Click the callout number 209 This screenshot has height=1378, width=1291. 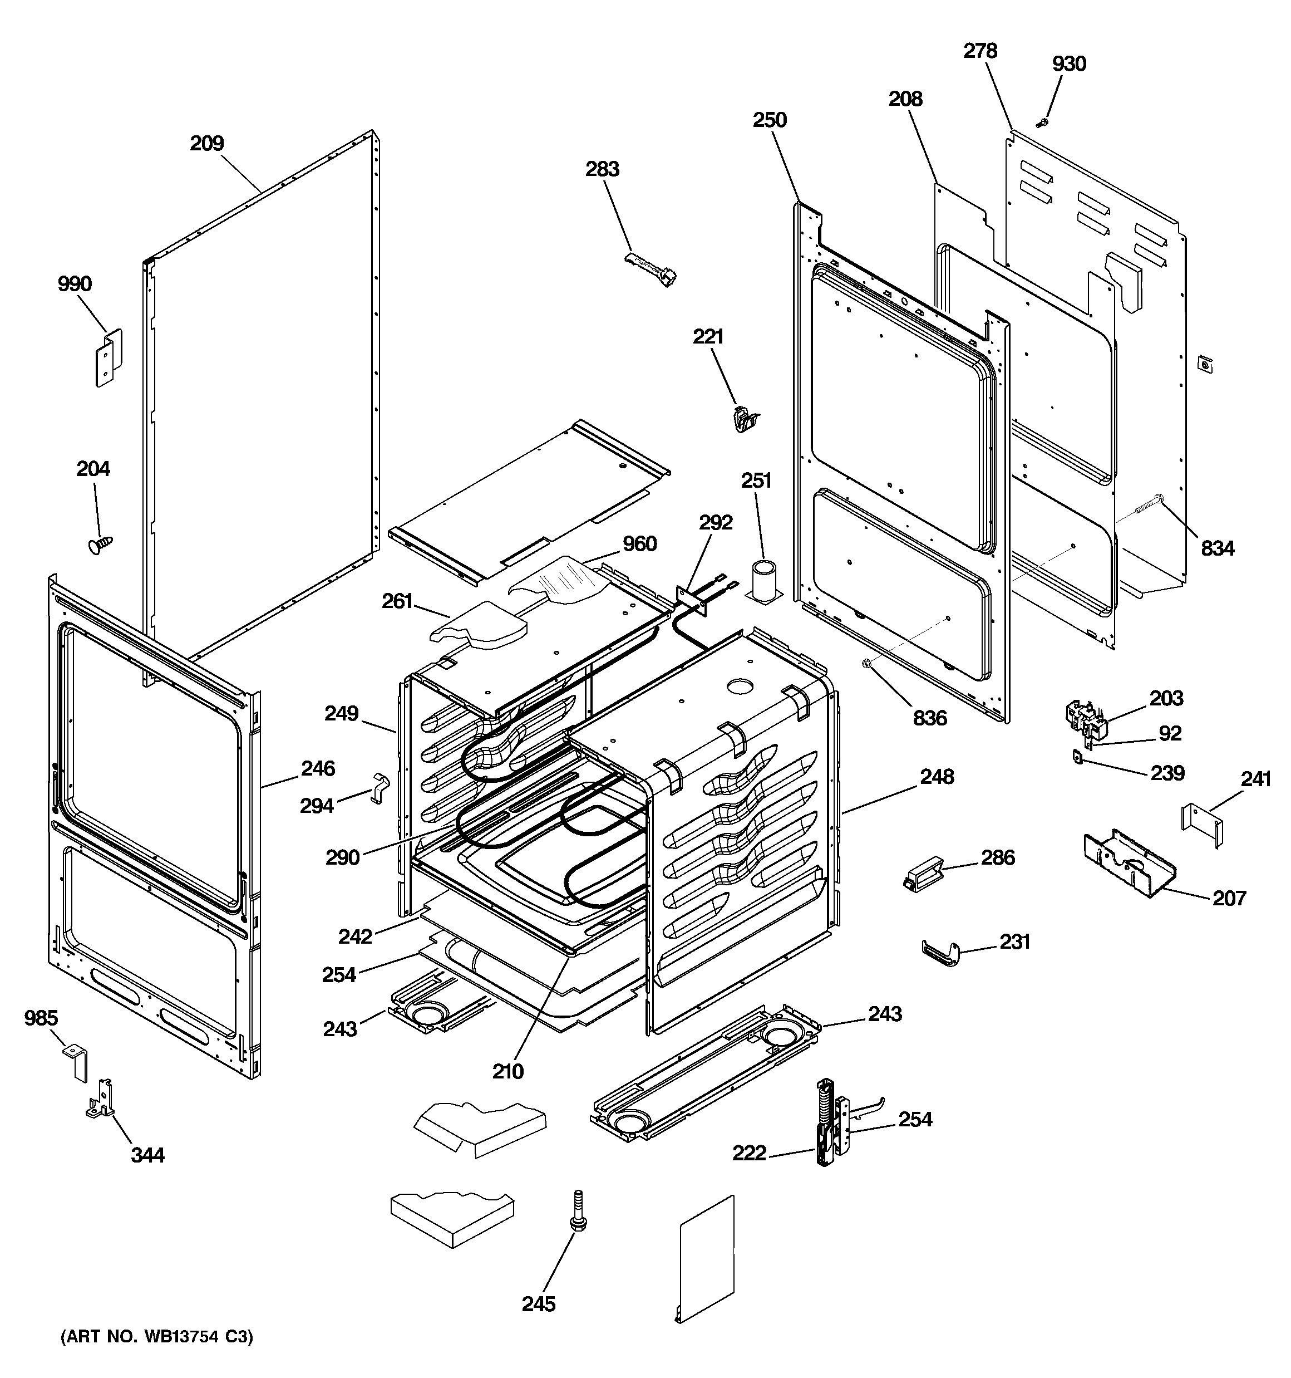click(207, 144)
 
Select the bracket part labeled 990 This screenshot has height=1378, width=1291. click(108, 357)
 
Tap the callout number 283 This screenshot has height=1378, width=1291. click(602, 169)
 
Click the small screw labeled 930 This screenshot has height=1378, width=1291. click(1042, 124)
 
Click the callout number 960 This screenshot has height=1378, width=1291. click(639, 544)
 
